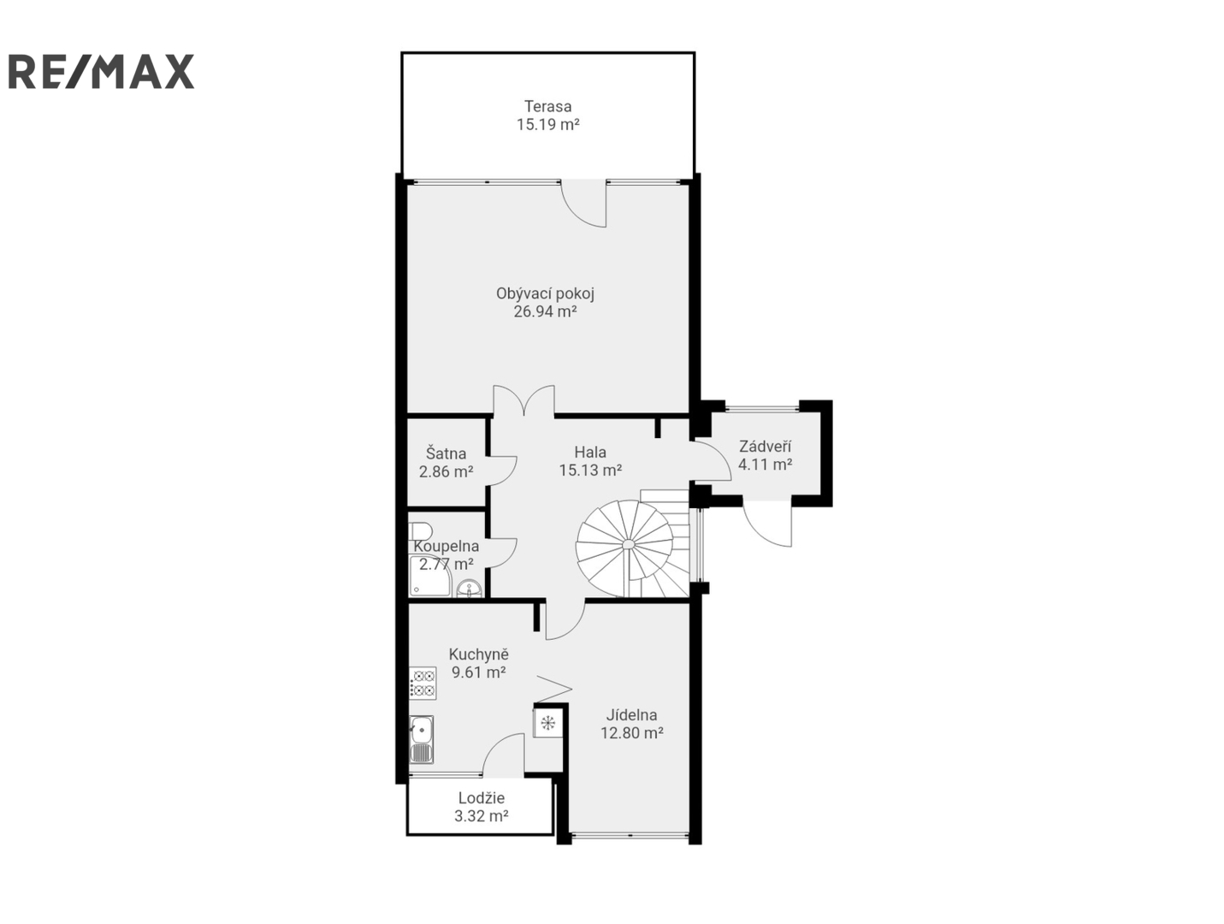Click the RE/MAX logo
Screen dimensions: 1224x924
(x=101, y=71)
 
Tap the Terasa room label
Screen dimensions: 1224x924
(x=547, y=106)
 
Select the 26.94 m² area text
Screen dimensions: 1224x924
(x=545, y=311)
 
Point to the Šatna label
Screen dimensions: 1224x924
(x=446, y=453)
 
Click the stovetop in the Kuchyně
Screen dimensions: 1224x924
(x=423, y=683)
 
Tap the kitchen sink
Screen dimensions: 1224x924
(x=422, y=739)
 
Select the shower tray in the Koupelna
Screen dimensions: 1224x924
(x=429, y=576)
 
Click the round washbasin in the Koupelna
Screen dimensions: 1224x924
(x=470, y=589)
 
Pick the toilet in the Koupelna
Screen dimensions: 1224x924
(x=420, y=530)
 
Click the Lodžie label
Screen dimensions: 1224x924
(x=482, y=798)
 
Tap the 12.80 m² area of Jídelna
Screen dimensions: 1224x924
(x=632, y=732)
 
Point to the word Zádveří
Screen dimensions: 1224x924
(x=765, y=446)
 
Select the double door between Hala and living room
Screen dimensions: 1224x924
(x=523, y=400)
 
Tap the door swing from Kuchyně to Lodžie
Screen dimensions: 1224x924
(x=504, y=755)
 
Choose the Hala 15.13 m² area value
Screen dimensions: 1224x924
(x=590, y=470)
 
